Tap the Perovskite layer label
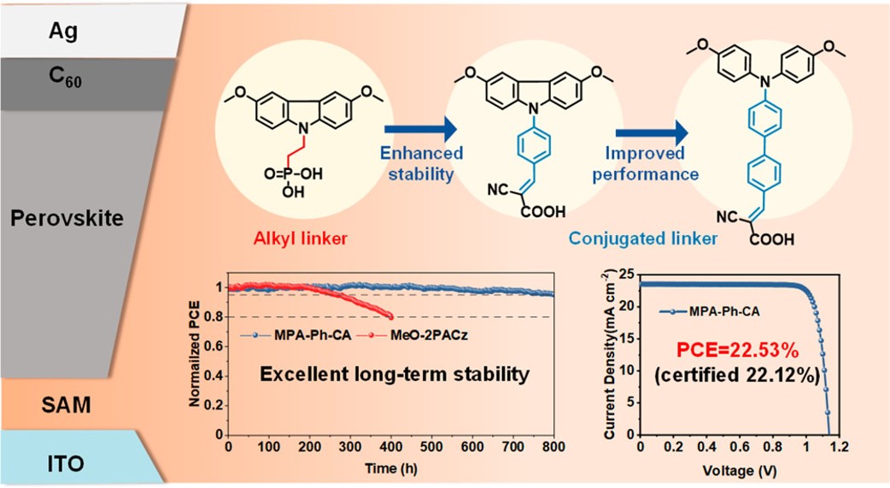click(67, 219)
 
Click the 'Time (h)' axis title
click(390, 467)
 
